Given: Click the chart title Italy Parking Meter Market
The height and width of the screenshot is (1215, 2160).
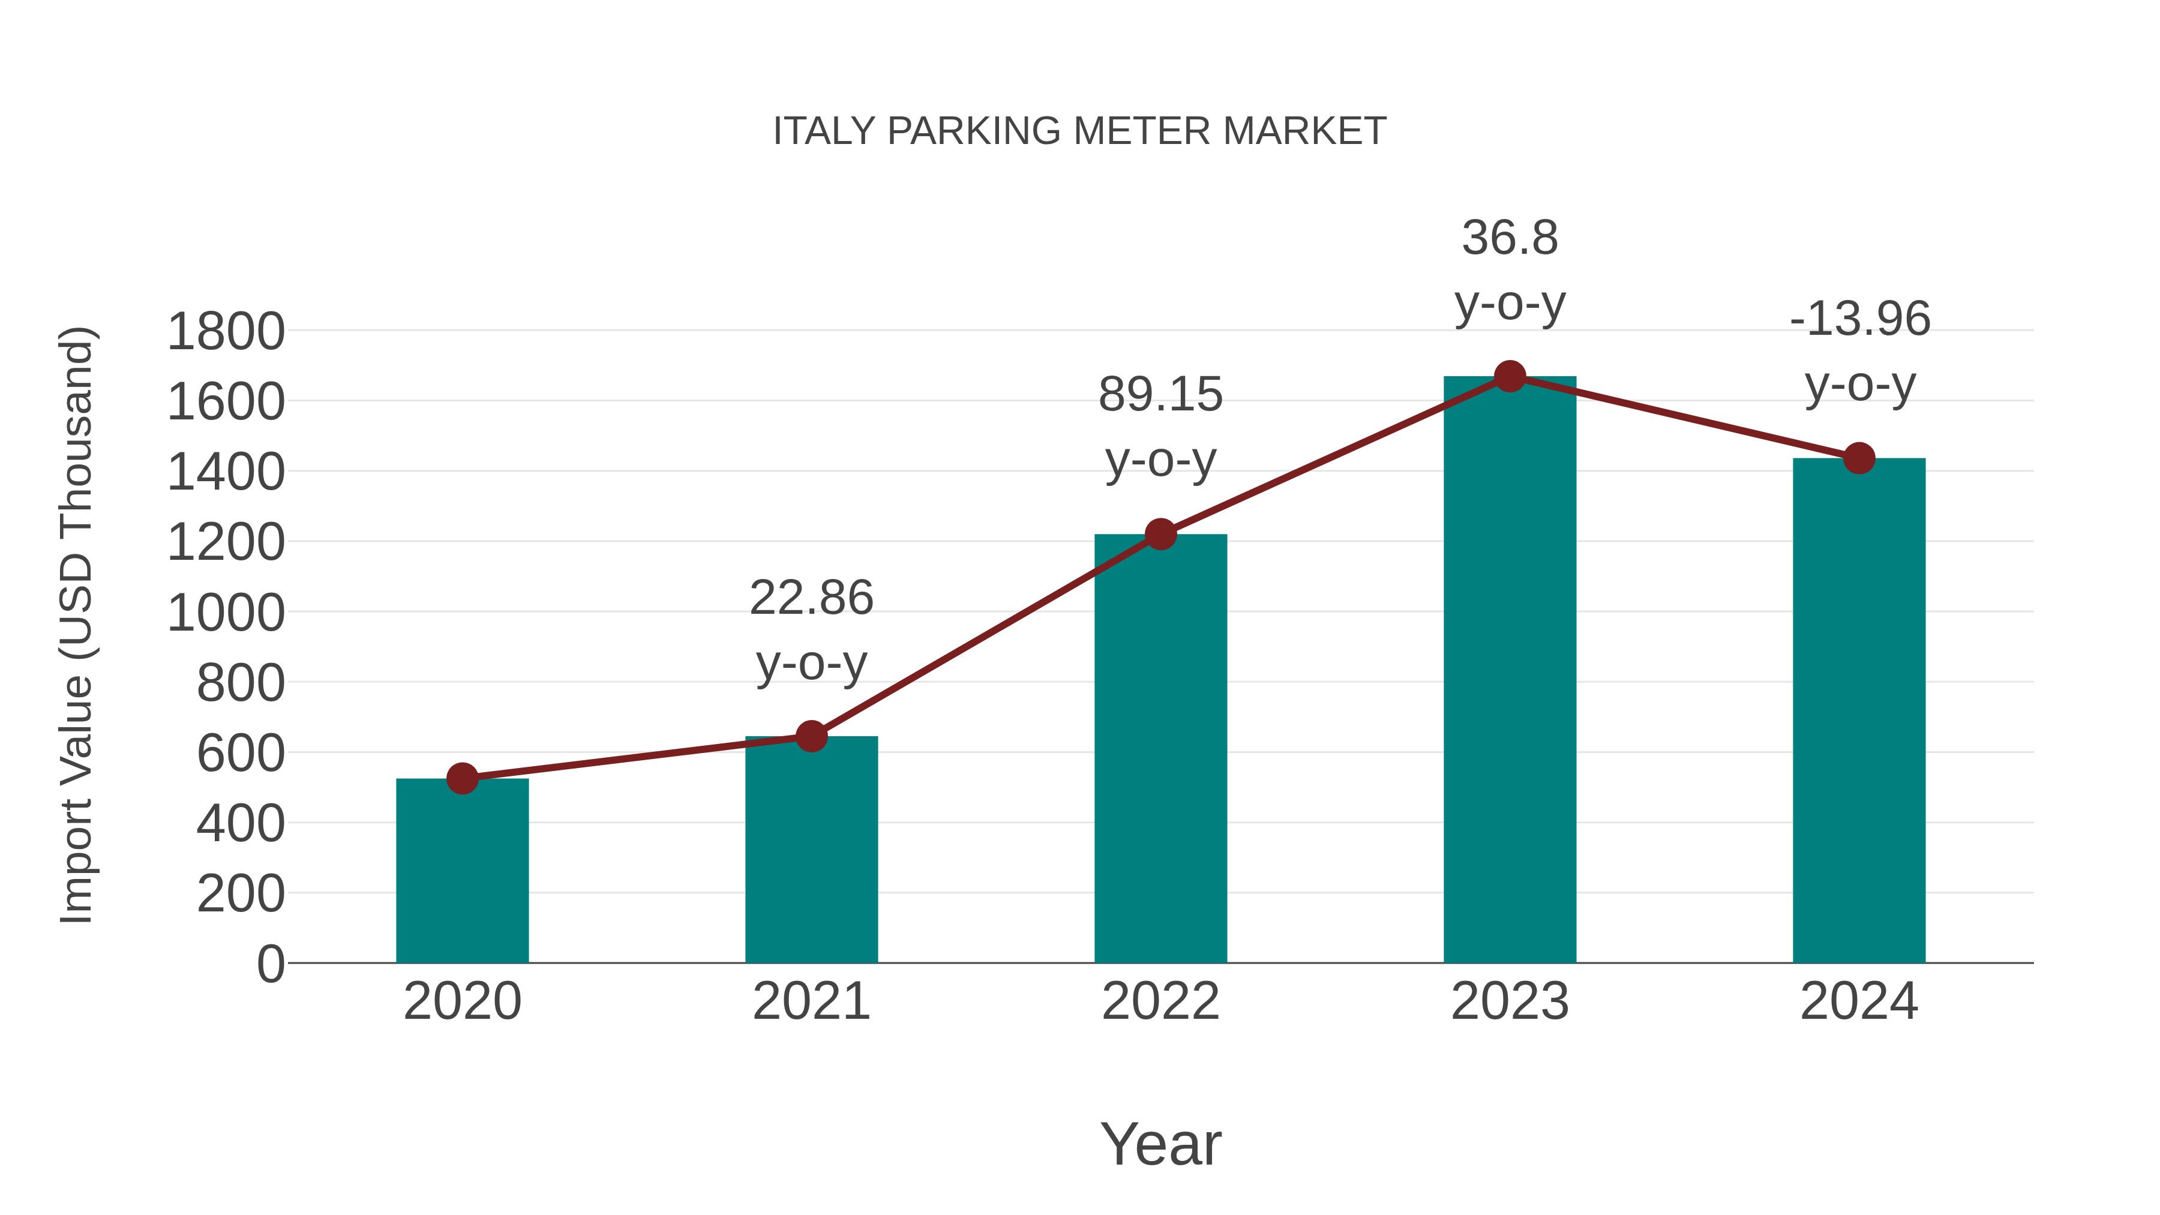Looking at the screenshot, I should (x=1079, y=131).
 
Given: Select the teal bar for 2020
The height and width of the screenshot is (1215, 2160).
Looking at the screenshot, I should (x=462, y=872).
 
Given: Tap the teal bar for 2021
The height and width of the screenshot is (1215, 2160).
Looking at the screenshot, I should (x=811, y=851).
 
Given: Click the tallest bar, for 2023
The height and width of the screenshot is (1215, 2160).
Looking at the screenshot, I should (x=1510, y=671).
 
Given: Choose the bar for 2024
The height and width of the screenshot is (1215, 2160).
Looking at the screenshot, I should (x=1859, y=713).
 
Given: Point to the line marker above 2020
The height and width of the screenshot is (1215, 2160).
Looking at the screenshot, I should (x=462, y=779).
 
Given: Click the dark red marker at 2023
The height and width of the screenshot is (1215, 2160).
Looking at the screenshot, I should (x=1510, y=376).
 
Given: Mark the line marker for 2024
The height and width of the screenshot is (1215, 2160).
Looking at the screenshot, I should (x=1859, y=458).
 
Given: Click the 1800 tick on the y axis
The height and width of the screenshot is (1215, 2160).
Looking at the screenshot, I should (x=226, y=331).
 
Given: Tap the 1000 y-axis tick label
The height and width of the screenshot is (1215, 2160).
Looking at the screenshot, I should (x=226, y=613).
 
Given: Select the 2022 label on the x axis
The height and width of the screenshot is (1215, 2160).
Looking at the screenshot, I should (x=1160, y=1001).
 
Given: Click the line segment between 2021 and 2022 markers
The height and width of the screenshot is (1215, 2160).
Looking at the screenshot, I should (x=985, y=635).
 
